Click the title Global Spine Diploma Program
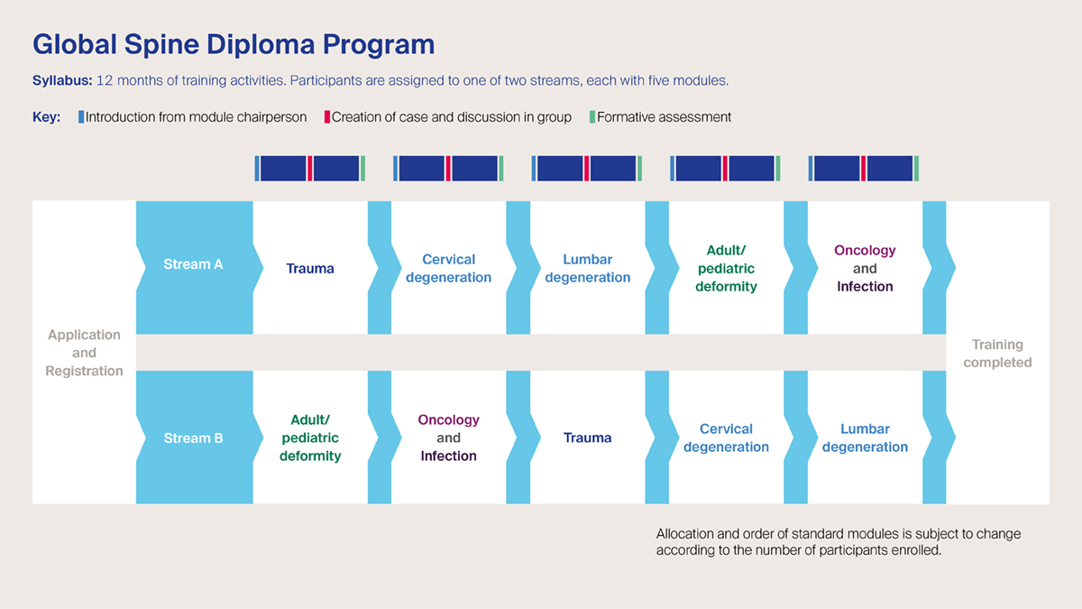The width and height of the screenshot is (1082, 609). (234, 44)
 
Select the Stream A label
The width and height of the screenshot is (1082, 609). (193, 264)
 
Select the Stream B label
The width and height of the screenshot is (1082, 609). (193, 438)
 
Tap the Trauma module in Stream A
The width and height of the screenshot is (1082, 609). (310, 268)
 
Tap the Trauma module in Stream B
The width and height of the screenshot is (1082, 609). (587, 438)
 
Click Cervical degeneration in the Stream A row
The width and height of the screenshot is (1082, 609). (448, 268)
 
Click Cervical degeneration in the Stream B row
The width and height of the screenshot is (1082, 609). (726, 438)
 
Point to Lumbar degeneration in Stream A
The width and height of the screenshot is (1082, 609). (587, 268)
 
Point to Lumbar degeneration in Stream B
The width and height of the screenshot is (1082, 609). (865, 438)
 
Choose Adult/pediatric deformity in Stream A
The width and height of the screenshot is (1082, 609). (726, 268)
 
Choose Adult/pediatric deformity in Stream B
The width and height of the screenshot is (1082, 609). (310, 438)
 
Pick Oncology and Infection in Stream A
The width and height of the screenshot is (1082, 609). (865, 268)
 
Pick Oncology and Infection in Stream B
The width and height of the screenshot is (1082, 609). (448, 438)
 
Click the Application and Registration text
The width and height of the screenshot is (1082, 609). (84, 353)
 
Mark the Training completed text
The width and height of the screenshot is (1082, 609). (997, 353)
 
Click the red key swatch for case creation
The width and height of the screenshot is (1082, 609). (327, 116)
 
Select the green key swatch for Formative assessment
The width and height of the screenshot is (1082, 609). (592, 116)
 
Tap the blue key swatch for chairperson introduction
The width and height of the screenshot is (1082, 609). (81, 116)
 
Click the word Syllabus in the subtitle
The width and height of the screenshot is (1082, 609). (61, 80)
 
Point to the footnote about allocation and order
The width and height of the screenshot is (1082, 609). (839, 541)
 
